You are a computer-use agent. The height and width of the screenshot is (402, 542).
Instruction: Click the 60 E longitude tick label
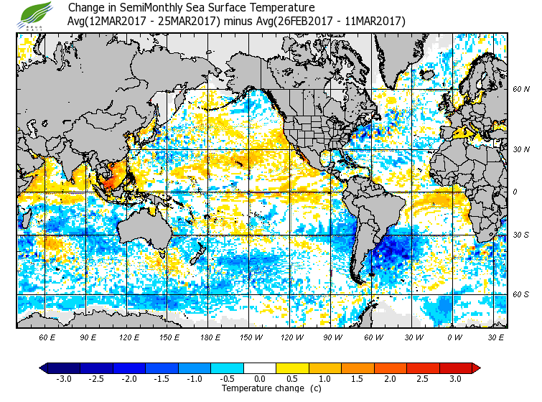tap(47, 337)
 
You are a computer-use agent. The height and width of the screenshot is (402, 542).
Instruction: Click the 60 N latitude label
tap(521, 89)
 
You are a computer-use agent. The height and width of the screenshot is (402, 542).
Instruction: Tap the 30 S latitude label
tap(521, 235)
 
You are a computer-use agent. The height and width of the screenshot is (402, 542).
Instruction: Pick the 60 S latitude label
tap(521, 294)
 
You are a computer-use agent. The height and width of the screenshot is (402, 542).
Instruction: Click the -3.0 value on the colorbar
tap(63, 378)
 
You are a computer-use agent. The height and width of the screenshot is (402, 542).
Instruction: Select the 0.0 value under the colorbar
tap(260, 378)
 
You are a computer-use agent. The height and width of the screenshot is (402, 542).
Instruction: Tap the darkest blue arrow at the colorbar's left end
tap(44, 368)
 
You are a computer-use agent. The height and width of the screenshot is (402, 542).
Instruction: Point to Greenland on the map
tap(402, 54)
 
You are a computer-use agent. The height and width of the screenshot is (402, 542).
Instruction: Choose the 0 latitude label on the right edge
tap(514, 192)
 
